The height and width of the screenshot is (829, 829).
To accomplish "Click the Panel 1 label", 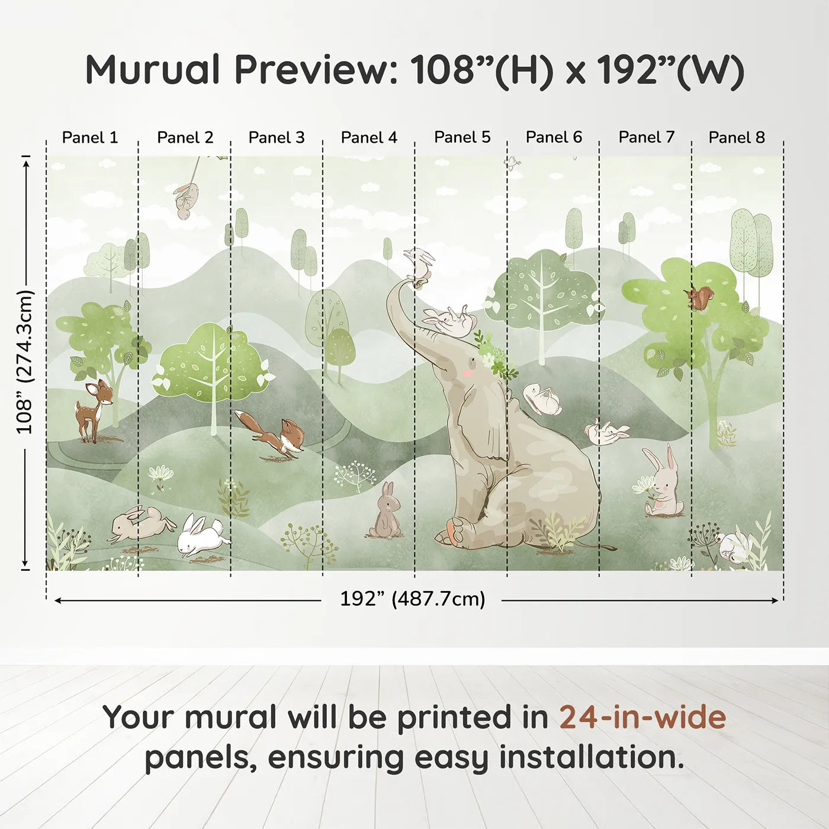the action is pyautogui.click(x=89, y=137).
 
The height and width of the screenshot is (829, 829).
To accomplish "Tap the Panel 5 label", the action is pyautogui.click(x=462, y=137).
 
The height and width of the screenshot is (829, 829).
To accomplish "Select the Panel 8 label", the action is pyautogui.click(x=737, y=137).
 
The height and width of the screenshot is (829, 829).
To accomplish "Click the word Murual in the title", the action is pyautogui.click(x=153, y=70).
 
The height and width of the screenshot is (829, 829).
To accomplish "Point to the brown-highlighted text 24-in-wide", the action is pyautogui.click(x=642, y=716).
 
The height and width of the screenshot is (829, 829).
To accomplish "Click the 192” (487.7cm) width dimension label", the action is pyautogui.click(x=413, y=599).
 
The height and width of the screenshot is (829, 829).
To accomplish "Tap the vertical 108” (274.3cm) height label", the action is pyautogui.click(x=24, y=361).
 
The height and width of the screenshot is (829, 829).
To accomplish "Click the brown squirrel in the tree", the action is pyautogui.click(x=699, y=297).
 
